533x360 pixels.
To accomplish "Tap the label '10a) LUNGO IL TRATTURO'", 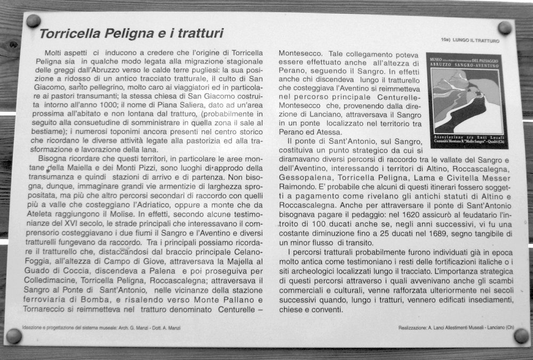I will [470, 40].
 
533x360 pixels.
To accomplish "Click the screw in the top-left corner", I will [33, 21].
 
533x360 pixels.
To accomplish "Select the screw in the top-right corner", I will [504, 28].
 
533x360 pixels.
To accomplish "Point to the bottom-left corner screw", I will [14, 336].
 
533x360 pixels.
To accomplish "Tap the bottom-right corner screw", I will [521, 336].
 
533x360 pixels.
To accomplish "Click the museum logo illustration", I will [467, 100].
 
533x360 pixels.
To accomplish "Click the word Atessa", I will [327, 132].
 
